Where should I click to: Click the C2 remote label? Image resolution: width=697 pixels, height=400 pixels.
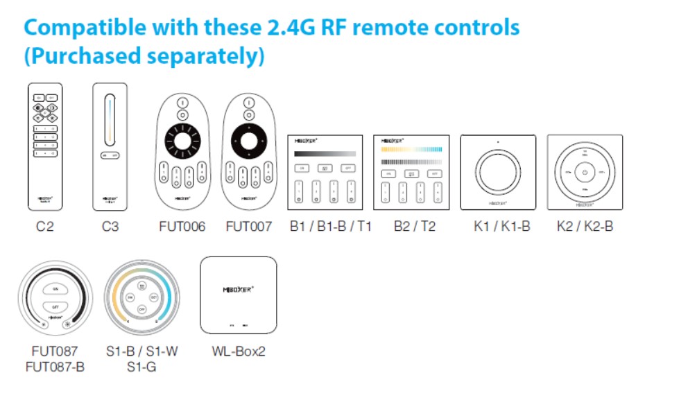pos(44,227)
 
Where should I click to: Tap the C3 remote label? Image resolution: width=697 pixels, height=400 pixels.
pos(110,227)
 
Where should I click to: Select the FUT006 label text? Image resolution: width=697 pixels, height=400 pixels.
pos(182,227)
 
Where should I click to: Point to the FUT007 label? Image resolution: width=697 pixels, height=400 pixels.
pos(248,227)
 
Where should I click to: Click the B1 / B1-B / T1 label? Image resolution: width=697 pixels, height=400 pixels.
pos(330,227)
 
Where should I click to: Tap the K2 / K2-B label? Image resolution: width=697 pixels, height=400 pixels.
pos(585,227)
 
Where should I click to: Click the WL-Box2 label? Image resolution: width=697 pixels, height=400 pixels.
pos(239,351)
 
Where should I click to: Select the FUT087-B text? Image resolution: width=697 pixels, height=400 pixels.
pos(55,366)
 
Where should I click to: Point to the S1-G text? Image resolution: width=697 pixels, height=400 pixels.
pos(141,366)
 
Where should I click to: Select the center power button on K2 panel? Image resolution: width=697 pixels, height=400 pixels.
pos(585,173)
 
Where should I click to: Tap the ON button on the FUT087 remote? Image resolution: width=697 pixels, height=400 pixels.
pos(54,288)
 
